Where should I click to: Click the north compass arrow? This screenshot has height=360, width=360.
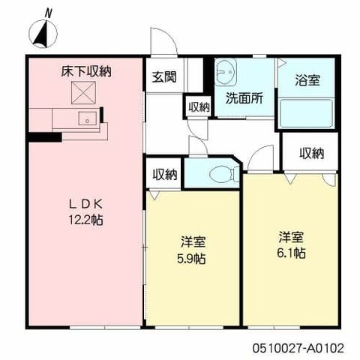tap(43, 34)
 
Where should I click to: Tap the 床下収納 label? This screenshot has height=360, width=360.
tap(86, 72)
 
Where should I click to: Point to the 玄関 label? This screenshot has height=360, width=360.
tap(164, 77)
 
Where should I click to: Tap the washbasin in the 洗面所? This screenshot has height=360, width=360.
tap(227, 73)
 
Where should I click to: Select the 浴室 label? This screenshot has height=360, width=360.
tap(307, 79)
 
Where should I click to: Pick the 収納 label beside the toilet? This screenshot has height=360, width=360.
tap(165, 175)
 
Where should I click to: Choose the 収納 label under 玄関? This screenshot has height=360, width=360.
tap(199, 106)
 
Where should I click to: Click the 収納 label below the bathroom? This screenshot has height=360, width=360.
tap(311, 153)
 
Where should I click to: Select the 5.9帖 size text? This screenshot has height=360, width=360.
tap(193, 258)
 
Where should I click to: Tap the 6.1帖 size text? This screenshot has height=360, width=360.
tap(291, 253)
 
